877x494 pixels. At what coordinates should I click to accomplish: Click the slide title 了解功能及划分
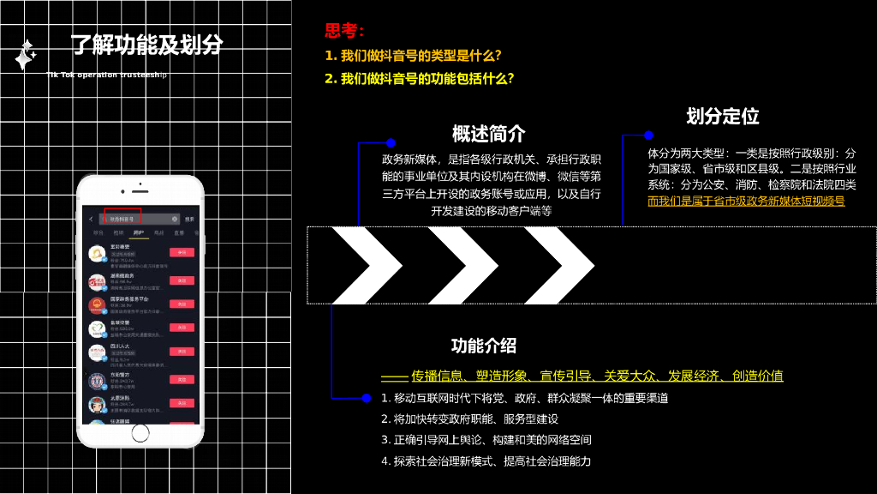tap(146, 45)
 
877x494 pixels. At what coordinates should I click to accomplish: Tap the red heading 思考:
tap(344, 32)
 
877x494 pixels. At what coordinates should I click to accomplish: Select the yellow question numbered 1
tap(413, 56)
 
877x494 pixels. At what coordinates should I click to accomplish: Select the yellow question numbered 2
tap(420, 79)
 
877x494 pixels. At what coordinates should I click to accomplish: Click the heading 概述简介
tap(489, 134)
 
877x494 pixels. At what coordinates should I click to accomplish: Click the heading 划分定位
tap(723, 116)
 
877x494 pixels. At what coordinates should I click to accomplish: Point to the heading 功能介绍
tap(484, 346)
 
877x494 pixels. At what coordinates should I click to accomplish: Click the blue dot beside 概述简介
tap(391, 142)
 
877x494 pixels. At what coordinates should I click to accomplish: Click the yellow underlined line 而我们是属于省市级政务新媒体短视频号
tap(746, 202)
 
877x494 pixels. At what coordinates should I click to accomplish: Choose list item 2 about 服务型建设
tap(469, 419)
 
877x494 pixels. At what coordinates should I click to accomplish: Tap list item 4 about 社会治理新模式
tap(486, 461)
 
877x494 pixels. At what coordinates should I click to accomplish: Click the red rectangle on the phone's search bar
tap(122, 218)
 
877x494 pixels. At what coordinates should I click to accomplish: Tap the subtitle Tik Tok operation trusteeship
tap(107, 75)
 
